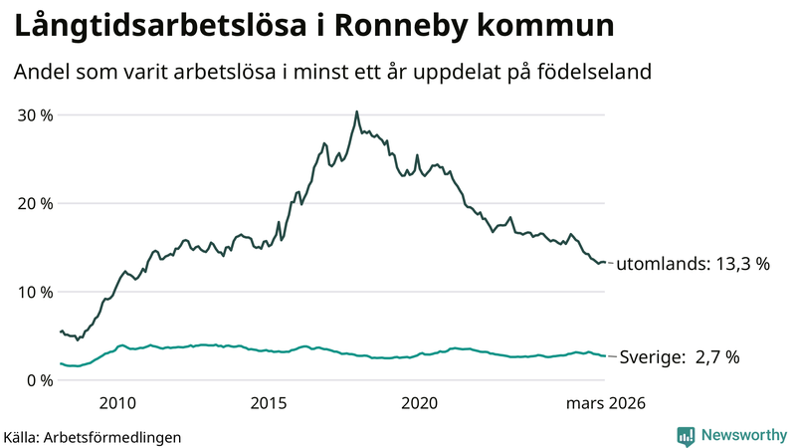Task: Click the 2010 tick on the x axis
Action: [x=117, y=403]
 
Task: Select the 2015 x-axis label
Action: [x=269, y=403]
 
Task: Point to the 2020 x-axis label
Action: [x=419, y=403]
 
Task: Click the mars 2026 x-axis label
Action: [x=606, y=403]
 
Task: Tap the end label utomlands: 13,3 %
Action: [x=694, y=265]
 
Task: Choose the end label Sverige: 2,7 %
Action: [x=680, y=357]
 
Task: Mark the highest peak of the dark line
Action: [x=356, y=112]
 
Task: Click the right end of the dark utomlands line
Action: [x=605, y=262]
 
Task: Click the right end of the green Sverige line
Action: [x=605, y=356]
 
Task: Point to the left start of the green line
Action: [x=61, y=363]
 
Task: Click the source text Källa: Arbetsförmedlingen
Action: [x=93, y=436]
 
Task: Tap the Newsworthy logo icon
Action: [x=686, y=435]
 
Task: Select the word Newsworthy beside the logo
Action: [x=743, y=435]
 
